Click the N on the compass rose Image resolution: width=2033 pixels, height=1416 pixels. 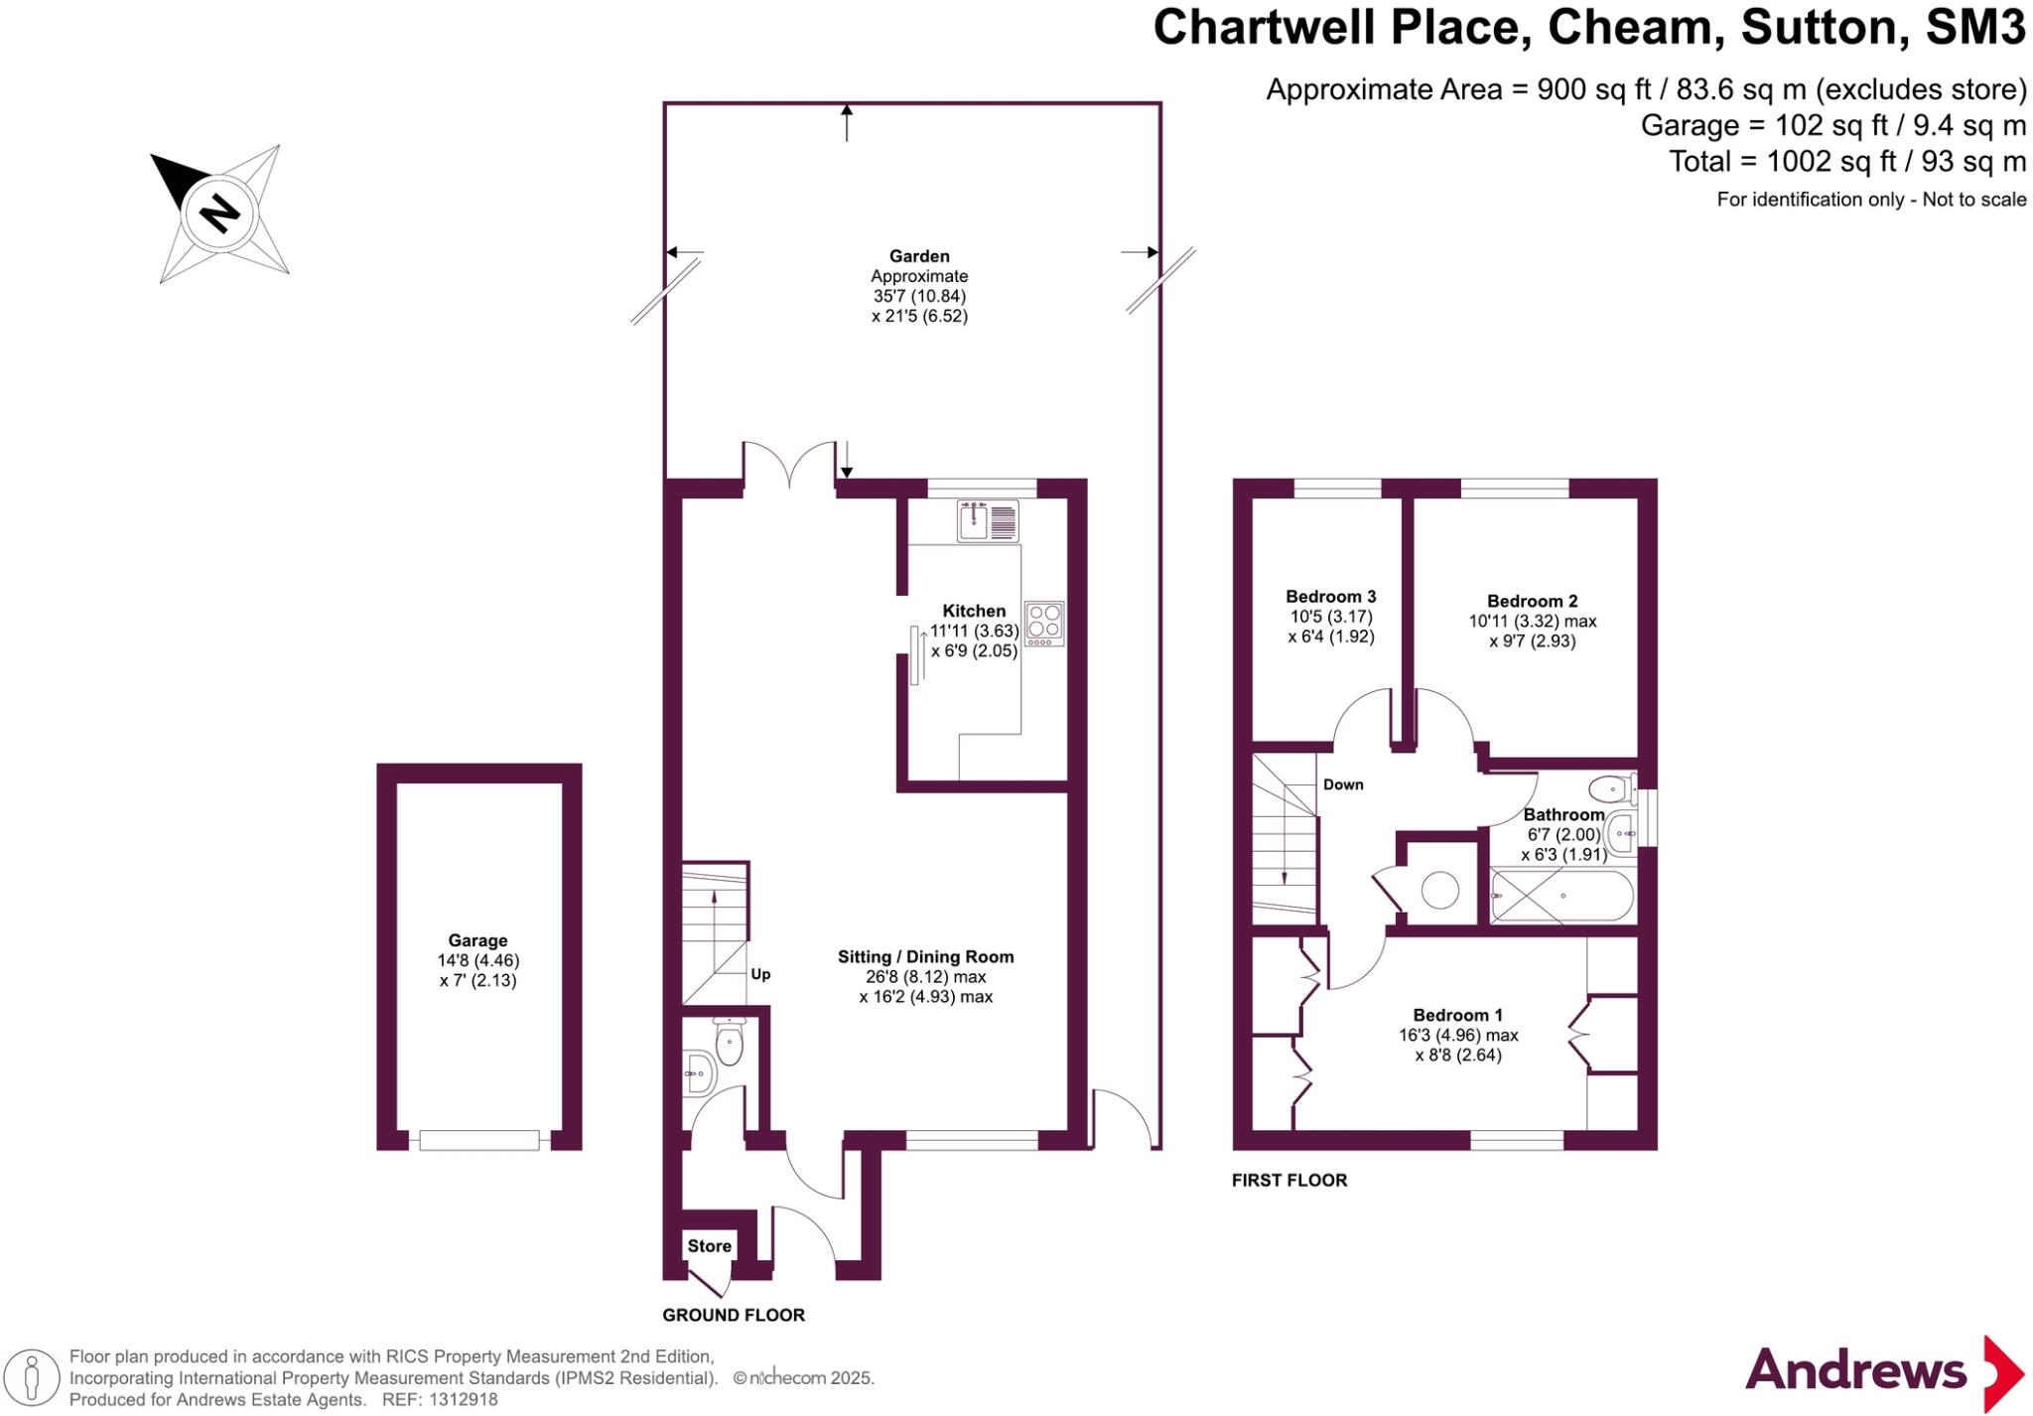[219, 212]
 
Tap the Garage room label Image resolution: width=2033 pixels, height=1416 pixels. [477, 940]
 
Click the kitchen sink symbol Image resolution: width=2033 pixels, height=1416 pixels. [988, 521]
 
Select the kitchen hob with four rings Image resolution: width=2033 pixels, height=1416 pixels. [1044, 624]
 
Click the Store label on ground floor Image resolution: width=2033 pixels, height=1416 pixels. [709, 1246]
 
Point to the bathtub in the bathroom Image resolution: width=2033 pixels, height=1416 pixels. [1561, 896]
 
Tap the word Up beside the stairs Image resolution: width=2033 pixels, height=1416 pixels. [760, 974]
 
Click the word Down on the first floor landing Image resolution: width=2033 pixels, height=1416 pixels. [1343, 784]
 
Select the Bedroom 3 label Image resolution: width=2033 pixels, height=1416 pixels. [1330, 597]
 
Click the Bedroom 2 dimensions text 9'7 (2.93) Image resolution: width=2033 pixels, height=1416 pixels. [1532, 641]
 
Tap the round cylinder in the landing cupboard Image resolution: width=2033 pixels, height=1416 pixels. [1439, 889]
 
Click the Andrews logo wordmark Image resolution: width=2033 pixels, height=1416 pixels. [1855, 1371]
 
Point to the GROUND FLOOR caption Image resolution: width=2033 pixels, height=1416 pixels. [734, 1315]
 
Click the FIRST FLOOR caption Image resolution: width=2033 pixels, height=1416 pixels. [1288, 1180]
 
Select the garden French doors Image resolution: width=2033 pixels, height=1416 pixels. [789, 467]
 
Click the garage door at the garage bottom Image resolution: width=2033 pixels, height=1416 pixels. [478, 1141]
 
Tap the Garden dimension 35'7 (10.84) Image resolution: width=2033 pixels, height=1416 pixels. [919, 296]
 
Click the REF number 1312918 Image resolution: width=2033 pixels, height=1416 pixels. [464, 1400]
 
